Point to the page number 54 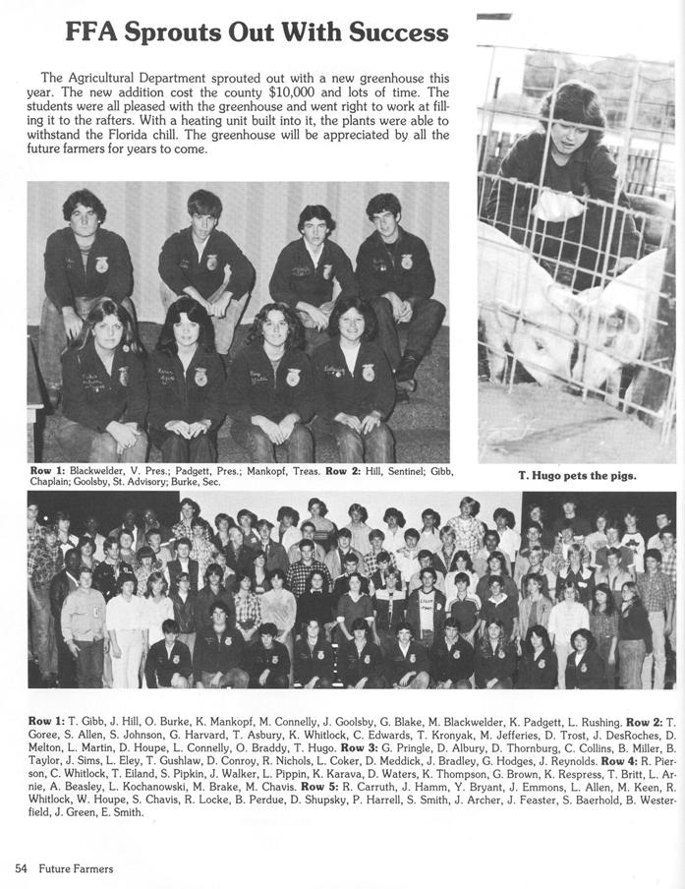(x=21, y=868)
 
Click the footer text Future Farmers (x=76, y=868)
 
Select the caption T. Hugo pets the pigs (x=577, y=476)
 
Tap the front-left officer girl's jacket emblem (x=124, y=377)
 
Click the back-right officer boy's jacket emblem (x=407, y=262)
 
